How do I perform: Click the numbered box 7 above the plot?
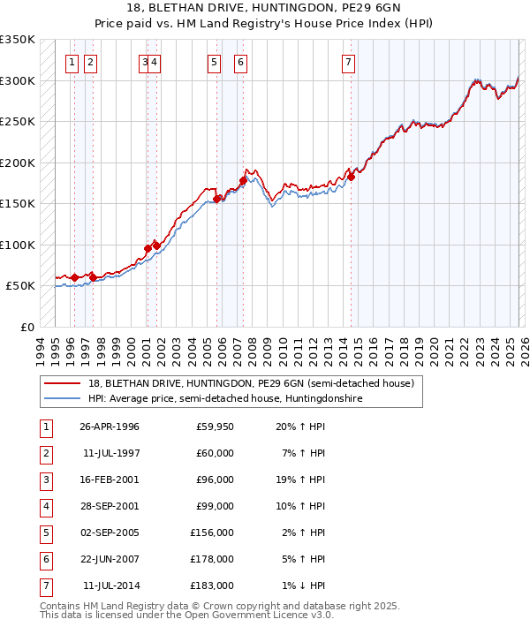pos(349,62)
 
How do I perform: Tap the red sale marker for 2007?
pos(243,181)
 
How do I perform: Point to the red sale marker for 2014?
pos(351,177)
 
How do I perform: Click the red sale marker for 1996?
pos(74,277)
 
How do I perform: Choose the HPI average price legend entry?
pos(225,399)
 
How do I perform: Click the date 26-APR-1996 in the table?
pos(109,427)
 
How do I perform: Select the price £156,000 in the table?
pos(212,533)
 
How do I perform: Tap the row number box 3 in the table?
pos(46,480)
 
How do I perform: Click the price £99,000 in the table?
pos(215,506)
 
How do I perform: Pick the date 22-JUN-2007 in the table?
pos(109,559)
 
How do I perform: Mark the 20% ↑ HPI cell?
pos(302,427)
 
